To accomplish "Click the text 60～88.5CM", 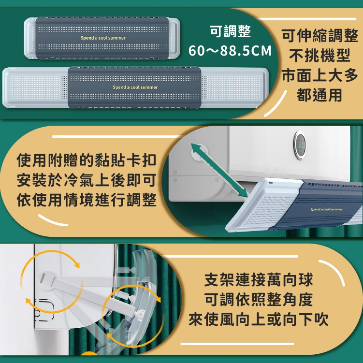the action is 230,51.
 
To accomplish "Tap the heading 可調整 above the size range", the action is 231,31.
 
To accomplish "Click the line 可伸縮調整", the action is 320,36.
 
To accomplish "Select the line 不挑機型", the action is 319,56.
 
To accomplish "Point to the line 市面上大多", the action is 320,75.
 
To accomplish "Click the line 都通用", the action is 319,95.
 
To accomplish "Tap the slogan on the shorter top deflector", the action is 103,38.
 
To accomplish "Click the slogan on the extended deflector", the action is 135,87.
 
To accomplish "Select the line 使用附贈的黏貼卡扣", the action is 87,160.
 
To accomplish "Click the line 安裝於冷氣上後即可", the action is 87,180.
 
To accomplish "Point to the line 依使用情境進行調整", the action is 87,200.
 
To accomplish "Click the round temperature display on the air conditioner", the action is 300,145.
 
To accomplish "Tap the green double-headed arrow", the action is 219,171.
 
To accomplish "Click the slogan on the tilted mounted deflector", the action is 326,209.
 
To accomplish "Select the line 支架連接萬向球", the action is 259,280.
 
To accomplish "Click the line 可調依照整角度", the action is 259,300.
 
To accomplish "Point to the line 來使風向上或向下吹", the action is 259,319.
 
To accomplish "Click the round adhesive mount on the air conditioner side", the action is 48,281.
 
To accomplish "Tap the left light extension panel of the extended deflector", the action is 35,87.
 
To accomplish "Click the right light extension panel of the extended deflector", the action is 234,87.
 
